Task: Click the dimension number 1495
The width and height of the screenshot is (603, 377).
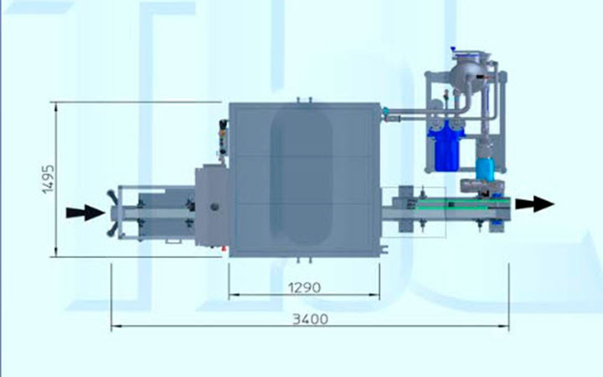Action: click(49, 179)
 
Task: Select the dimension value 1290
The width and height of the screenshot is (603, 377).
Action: click(304, 287)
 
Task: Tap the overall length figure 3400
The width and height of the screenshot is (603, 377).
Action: click(311, 319)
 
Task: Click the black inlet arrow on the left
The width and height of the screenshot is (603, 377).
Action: click(85, 213)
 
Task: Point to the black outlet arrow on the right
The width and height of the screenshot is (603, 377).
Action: click(534, 204)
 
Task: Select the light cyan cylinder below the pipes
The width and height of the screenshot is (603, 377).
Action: click(485, 168)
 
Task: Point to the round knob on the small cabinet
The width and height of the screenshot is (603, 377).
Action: click(214, 207)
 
